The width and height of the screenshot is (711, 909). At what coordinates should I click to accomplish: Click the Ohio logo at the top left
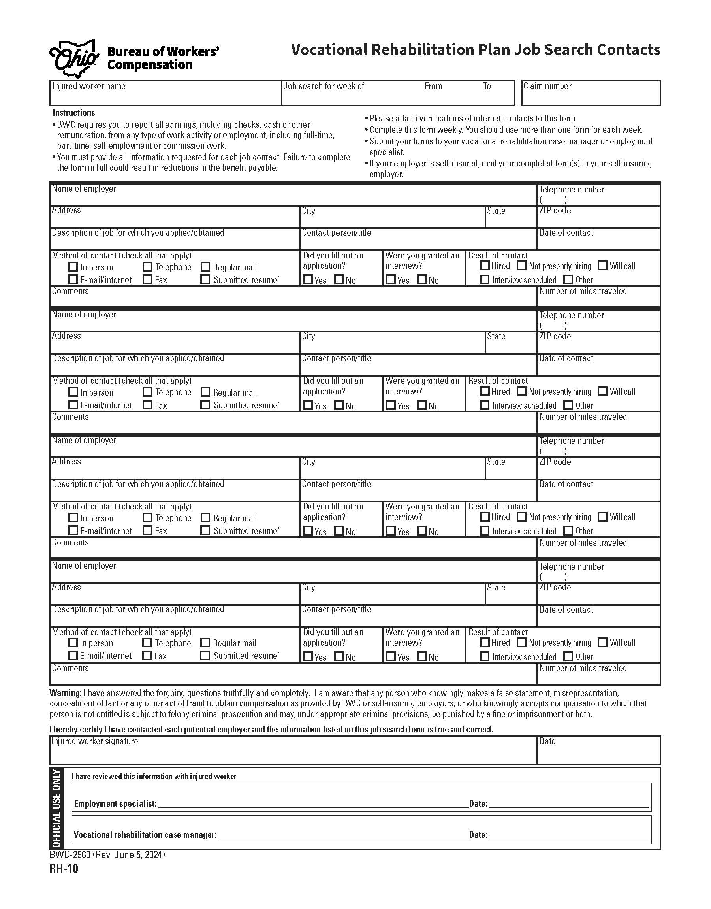pos(74,59)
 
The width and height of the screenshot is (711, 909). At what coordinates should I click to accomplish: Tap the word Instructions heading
pos(74,113)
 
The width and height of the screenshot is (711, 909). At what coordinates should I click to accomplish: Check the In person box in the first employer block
pos(73,266)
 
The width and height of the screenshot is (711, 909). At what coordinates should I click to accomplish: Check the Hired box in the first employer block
pos(485,265)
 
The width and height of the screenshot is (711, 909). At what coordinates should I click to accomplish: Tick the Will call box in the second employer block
pos(602,391)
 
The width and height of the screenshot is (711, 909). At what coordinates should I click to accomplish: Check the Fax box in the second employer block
pos(147,405)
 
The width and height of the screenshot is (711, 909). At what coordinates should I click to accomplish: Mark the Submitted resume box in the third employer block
pos(205,530)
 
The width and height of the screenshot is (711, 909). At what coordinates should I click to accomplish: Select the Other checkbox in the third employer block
pos(568,530)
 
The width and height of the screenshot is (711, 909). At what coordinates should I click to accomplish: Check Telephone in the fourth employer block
pos(147,643)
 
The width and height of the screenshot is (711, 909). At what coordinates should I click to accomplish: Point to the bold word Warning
pos(65,693)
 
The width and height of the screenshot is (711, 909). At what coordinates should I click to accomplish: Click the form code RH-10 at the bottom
pos(64,869)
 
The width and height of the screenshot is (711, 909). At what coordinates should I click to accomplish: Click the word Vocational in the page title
pos(329,49)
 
